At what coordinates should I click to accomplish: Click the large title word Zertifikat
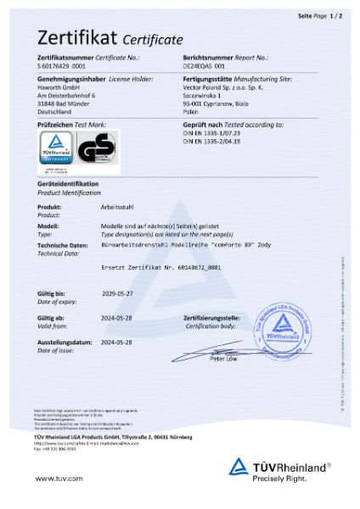[x=76, y=37]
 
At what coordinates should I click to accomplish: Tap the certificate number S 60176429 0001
[x=62, y=64]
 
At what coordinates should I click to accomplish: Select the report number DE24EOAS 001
[x=204, y=64]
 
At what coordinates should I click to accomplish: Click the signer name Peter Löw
[x=248, y=359]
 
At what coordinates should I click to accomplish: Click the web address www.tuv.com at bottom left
[x=53, y=478]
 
